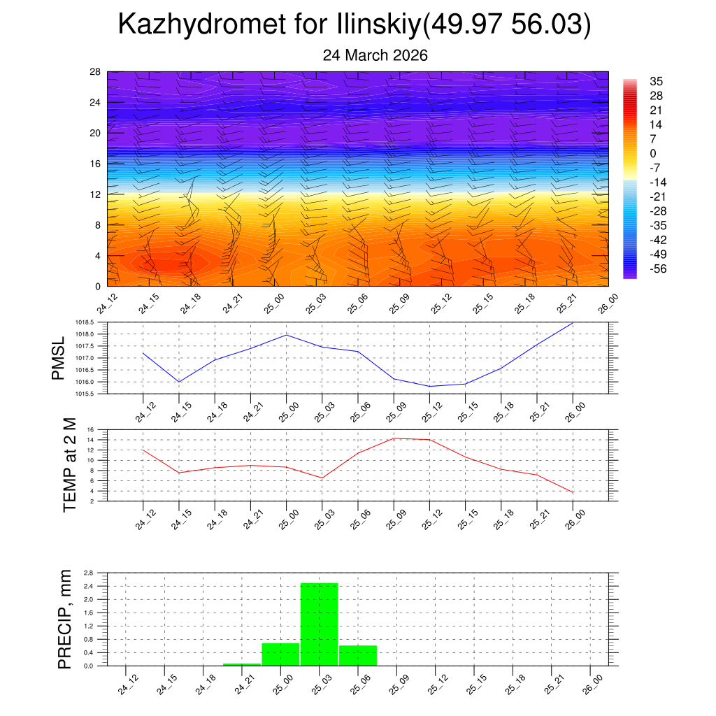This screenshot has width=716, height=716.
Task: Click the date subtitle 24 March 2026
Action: [375, 55]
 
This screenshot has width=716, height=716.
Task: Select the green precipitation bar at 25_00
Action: [280, 654]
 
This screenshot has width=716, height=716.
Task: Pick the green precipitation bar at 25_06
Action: [358, 655]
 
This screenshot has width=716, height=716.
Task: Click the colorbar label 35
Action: [656, 81]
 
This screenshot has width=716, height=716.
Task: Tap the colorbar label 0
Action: [653, 153]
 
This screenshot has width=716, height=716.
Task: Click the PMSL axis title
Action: [58, 358]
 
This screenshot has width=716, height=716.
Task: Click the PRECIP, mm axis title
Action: [65, 619]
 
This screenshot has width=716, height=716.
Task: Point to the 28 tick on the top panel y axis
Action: [96, 72]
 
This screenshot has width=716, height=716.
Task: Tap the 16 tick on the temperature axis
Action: [89, 430]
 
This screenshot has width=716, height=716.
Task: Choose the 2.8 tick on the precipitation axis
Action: [88, 573]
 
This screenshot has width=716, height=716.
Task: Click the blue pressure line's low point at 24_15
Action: [180, 382]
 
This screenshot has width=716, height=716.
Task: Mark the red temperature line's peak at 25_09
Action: [394, 438]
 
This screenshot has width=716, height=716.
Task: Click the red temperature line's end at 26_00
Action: [573, 493]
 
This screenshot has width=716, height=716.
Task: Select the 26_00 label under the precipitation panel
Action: [590, 683]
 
